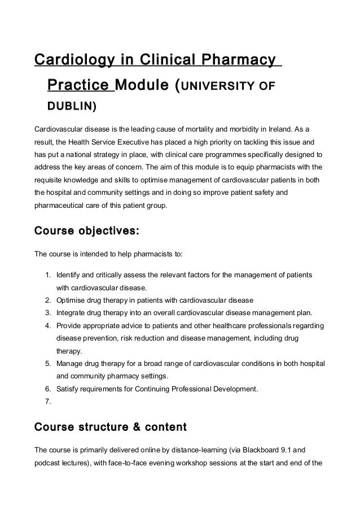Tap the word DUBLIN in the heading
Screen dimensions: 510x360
(71, 106)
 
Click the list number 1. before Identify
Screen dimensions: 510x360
(47, 275)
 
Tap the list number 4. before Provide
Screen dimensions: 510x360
(47, 325)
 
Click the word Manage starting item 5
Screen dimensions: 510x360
(69, 363)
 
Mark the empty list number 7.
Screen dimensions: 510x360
(47, 402)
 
